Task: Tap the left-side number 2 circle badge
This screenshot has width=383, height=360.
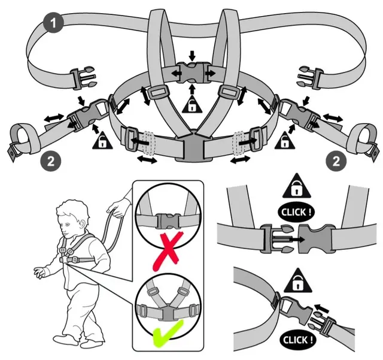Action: [51, 161]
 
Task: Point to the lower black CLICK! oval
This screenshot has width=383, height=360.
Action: [297, 340]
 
